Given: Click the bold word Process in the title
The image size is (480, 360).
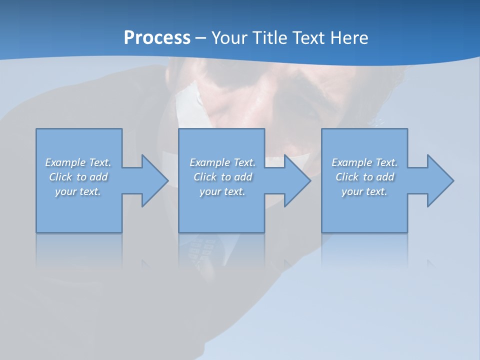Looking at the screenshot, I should pos(157,38).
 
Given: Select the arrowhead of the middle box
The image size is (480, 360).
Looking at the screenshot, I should pos(296,180).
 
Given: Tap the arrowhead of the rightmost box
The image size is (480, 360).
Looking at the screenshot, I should pos(439,180).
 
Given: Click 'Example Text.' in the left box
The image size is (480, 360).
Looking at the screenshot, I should pos(78,162).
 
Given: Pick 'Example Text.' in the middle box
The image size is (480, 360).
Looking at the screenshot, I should pos(222,162).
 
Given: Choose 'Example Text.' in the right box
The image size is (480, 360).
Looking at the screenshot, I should pos(364,162).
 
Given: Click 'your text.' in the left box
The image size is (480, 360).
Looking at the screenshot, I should pos(78,191).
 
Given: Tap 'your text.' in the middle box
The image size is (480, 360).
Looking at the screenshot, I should pos(222,191).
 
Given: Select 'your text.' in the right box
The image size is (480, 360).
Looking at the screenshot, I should pos(364,191).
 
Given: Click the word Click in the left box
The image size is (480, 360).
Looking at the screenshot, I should pos(60,177).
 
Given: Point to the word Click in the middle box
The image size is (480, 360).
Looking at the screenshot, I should pos(205,177).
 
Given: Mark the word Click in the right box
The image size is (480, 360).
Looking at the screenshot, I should pos(347,177).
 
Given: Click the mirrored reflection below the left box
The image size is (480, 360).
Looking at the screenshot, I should pos(79,250).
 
